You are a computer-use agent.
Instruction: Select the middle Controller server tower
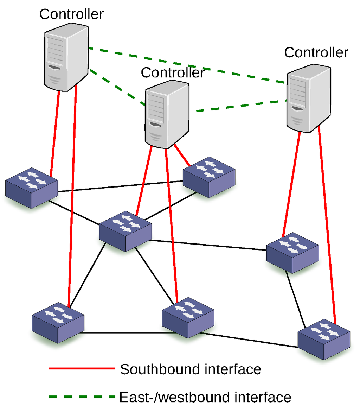click(x=167, y=114)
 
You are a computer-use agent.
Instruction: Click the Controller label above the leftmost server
click(x=71, y=14)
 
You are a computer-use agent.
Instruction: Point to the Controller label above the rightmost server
click(x=316, y=52)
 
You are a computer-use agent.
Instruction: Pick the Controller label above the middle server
click(x=173, y=72)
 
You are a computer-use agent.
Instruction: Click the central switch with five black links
click(x=126, y=231)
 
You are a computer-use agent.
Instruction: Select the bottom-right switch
click(x=324, y=339)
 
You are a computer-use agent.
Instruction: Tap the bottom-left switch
click(x=58, y=322)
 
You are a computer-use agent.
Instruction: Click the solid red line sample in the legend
click(x=82, y=369)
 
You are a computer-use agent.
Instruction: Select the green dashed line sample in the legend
click(x=82, y=397)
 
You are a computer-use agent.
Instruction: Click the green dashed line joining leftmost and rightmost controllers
click(x=186, y=65)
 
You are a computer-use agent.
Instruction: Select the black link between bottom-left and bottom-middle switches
click(x=123, y=332)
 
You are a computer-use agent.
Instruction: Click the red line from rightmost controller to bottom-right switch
click(x=327, y=225)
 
